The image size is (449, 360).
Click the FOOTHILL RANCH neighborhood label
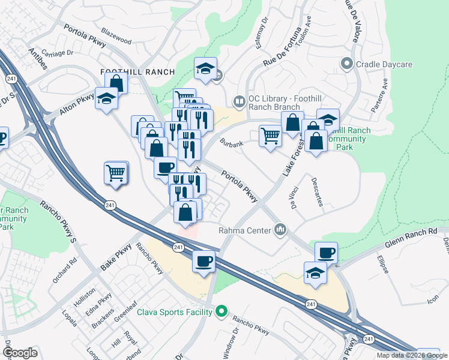coord(137,72)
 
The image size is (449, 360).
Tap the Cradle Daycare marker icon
coord(346,63)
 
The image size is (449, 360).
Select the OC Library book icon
coord(240,101)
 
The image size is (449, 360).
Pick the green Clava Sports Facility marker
coord(221,311)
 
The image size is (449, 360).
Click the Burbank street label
coord(231,144)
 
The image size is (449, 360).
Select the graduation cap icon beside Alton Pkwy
coord(106,99)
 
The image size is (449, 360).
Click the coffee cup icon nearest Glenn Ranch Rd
coord(326,252)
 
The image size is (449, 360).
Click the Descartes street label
coord(318,192)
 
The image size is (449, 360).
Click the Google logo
coord(20,353)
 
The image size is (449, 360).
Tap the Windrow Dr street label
coord(231,343)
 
